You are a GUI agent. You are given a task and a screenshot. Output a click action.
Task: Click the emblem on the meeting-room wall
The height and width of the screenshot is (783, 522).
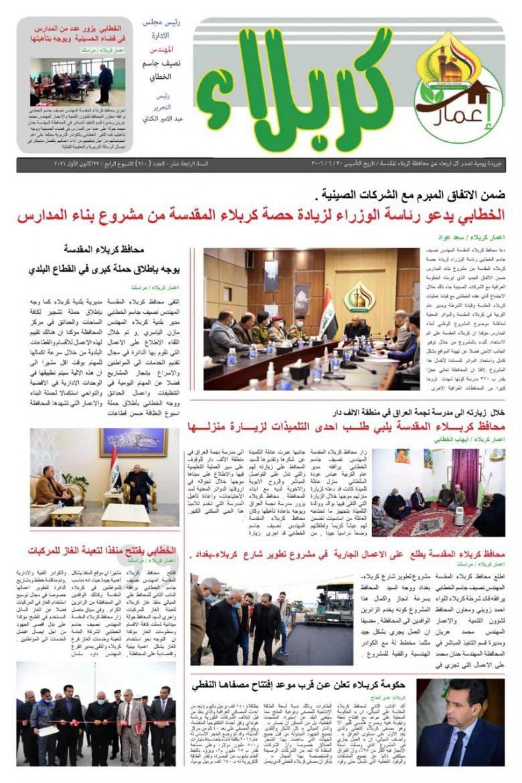[359, 295]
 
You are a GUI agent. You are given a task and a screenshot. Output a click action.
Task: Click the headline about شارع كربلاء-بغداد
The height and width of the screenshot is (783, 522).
[348, 554]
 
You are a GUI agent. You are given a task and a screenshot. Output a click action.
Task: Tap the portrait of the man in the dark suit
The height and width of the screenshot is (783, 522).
[460, 723]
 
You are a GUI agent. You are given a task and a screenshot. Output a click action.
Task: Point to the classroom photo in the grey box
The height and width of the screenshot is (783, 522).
[78, 82]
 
